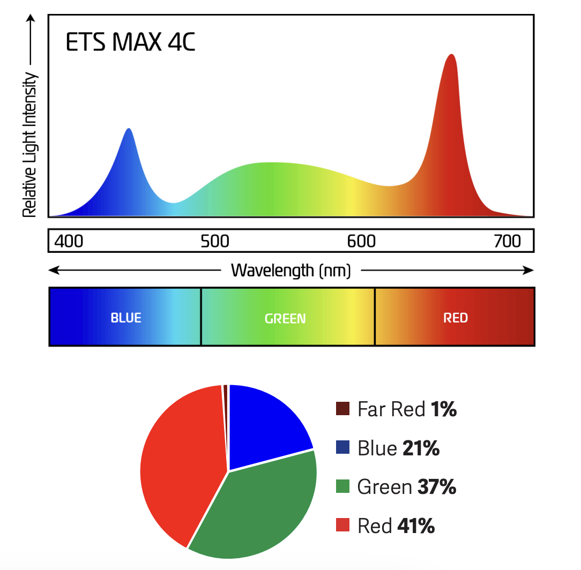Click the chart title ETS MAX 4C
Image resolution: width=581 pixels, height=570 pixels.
click(x=130, y=43)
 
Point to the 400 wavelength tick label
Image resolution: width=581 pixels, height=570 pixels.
click(x=69, y=242)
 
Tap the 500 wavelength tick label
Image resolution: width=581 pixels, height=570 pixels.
click(x=215, y=242)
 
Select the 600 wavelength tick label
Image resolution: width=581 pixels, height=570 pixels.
click(x=361, y=242)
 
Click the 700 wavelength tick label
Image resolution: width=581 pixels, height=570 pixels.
click(x=507, y=242)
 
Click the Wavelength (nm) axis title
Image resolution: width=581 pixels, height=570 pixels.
click(x=290, y=271)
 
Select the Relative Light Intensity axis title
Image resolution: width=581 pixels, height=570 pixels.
click(x=30, y=145)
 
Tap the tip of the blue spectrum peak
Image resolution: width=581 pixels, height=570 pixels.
click(x=129, y=129)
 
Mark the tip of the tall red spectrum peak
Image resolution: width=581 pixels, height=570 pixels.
click(x=452, y=55)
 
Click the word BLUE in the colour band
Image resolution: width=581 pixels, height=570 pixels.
click(x=126, y=318)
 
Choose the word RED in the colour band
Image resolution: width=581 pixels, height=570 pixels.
click(x=456, y=318)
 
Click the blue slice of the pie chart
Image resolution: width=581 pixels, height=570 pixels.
click(x=263, y=423)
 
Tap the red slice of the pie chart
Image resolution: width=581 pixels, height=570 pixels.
click(x=180, y=461)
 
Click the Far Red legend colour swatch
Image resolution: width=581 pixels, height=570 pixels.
click(x=342, y=409)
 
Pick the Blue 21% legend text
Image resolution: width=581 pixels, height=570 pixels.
click(x=398, y=448)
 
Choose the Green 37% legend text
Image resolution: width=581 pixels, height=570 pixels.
click(x=406, y=487)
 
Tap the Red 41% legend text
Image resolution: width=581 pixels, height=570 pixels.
click(x=396, y=526)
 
